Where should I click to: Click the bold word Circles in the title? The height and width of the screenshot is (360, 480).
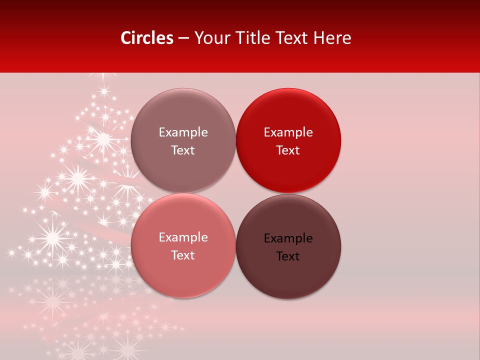147,38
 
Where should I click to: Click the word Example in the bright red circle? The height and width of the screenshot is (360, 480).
288,132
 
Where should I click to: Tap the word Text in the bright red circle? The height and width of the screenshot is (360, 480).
288,150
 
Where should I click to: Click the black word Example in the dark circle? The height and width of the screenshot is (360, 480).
288,238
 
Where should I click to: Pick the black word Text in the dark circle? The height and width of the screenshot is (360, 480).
288,256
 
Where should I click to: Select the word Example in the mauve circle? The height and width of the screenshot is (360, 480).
183,132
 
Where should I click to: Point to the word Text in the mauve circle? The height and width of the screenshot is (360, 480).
183,150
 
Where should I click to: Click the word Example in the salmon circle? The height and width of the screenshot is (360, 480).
183,237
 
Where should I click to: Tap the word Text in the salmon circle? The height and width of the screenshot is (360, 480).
183,255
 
